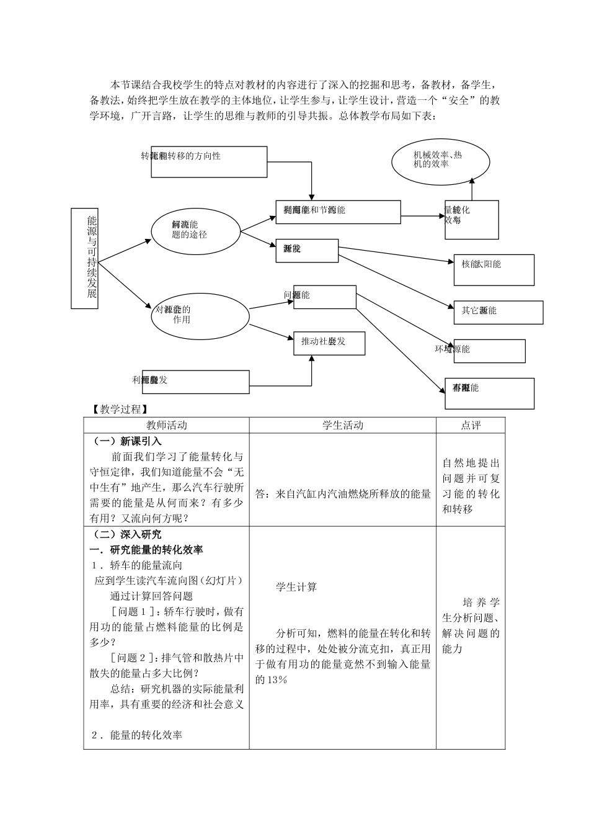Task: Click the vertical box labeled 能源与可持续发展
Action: (85, 258)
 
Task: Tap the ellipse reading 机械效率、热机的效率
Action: (440, 160)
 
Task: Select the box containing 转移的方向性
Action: (209, 161)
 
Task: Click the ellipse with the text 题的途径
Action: (195, 231)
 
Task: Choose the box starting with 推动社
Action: (329, 343)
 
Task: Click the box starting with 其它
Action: (498, 312)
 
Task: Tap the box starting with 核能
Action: (494, 269)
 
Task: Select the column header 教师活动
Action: (166, 425)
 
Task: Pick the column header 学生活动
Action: (342, 425)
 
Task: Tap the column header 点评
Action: (471, 425)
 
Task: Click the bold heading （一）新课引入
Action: (128, 441)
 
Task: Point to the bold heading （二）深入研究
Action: (128, 534)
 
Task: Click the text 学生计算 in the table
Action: (296, 587)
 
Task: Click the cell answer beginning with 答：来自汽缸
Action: (343, 494)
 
